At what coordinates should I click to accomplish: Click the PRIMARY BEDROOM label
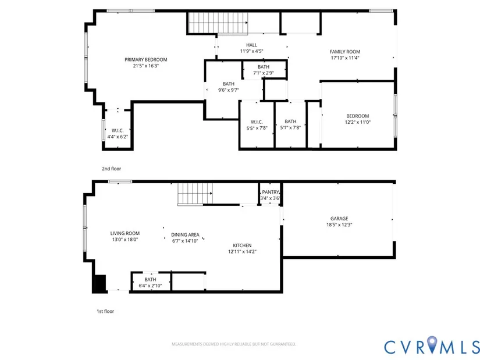click(x=145, y=60)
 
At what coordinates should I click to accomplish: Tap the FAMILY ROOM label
click(x=344, y=52)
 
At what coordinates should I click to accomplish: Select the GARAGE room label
click(x=339, y=219)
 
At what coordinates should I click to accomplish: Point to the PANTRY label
click(x=271, y=192)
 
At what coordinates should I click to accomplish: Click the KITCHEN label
click(x=242, y=245)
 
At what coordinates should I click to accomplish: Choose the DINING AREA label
click(x=185, y=235)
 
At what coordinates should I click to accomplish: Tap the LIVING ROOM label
click(x=125, y=233)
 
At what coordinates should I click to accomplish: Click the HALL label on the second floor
click(x=251, y=45)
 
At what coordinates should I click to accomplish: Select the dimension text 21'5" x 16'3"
click(x=145, y=66)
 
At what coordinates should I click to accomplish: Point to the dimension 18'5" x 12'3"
click(x=339, y=224)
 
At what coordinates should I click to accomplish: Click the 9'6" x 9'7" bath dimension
click(x=229, y=90)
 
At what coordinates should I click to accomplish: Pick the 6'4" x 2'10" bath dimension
click(x=150, y=286)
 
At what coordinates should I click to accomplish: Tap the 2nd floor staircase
click(x=218, y=23)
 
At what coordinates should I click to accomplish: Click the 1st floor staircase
click(x=195, y=194)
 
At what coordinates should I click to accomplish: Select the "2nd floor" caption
click(x=112, y=169)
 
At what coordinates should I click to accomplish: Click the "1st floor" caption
click(x=105, y=311)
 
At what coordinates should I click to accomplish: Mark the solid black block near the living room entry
click(x=100, y=283)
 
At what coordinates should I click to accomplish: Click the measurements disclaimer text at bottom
click(x=234, y=344)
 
